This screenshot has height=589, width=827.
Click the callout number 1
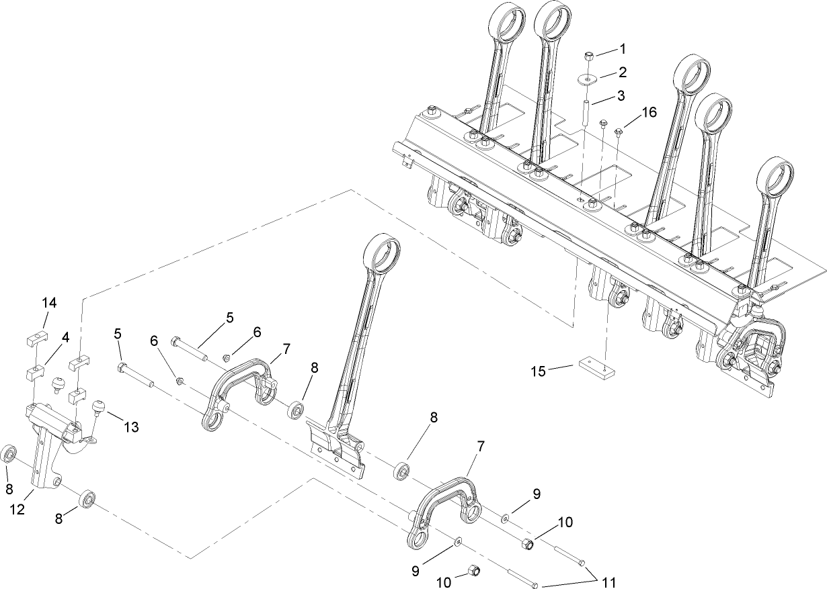click(x=623, y=48)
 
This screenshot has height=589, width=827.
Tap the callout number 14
click(x=50, y=303)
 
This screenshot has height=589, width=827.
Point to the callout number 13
click(x=131, y=427)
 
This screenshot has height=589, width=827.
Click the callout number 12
click(x=17, y=510)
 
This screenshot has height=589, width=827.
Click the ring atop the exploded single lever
click(x=381, y=253)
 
